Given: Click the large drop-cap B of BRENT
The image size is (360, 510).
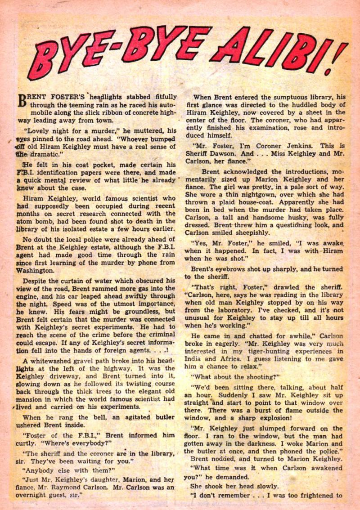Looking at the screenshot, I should [23, 102].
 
